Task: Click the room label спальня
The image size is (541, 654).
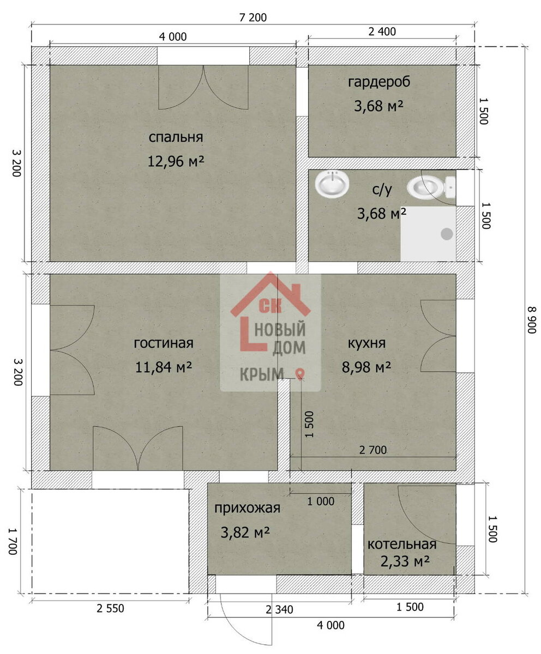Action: (x=176, y=137)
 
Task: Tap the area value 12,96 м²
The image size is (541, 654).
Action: (x=176, y=162)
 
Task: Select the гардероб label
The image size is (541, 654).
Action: (x=379, y=82)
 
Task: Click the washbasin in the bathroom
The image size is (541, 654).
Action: (x=332, y=184)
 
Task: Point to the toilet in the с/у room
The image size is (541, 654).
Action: (x=431, y=187)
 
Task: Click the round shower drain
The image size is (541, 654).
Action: (x=447, y=234)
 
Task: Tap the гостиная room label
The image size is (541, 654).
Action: (x=164, y=343)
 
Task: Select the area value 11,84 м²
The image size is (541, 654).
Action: (x=163, y=367)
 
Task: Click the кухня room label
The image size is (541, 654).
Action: (x=366, y=343)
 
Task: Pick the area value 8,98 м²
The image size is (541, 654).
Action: (x=366, y=367)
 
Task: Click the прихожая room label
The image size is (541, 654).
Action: (x=247, y=508)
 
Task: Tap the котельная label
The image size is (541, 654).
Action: (x=402, y=544)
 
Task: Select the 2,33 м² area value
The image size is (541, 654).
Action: (x=405, y=561)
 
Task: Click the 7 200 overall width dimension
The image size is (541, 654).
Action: (x=253, y=18)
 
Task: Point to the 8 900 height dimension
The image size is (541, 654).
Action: (x=532, y=320)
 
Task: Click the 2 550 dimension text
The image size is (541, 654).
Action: (x=110, y=609)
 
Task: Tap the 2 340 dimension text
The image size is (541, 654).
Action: (x=279, y=609)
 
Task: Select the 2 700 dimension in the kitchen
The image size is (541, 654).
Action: (x=372, y=450)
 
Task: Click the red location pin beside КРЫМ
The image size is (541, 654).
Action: (x=300, y=374)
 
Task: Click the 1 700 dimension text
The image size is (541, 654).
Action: (x=13, y=542)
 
